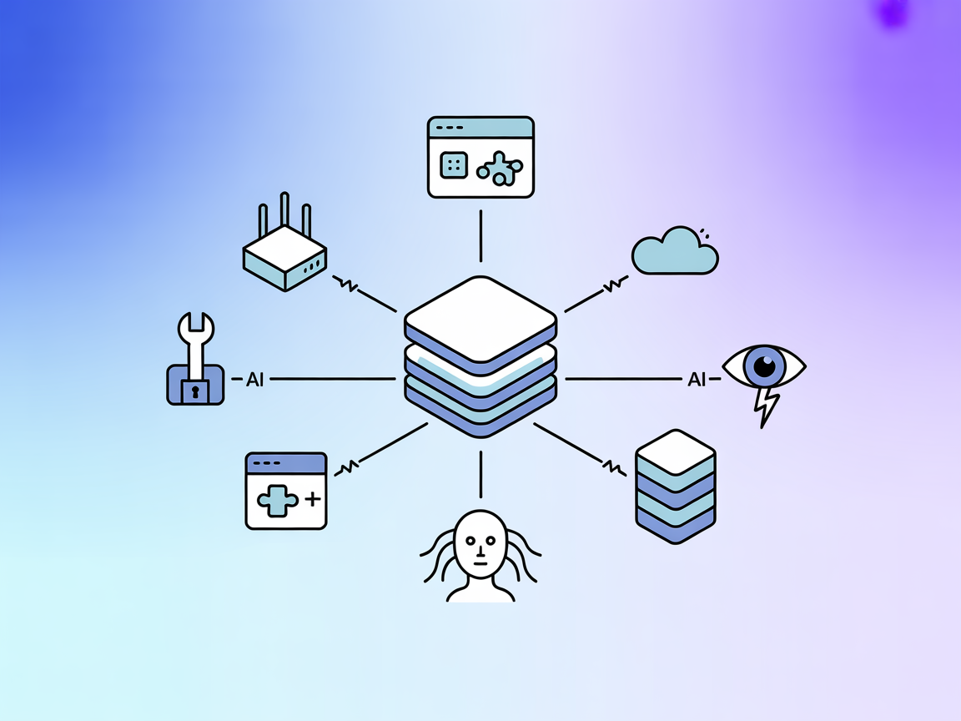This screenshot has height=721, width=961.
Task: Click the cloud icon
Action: tap(674, 253)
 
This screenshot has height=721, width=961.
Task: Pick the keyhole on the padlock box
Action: tap(195, 390)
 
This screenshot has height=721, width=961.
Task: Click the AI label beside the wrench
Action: tap(255, 380)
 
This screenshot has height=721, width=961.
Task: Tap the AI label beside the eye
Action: tap(697, 380)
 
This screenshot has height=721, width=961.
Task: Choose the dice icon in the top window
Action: tap(454, 165)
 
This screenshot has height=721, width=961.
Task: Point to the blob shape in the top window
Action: tap(500, 169)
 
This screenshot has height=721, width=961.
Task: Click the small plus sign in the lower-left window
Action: tap(312, 500)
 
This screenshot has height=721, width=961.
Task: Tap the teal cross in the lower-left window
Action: tap(276, 501)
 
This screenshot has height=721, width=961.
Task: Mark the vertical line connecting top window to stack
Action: tap(480, 236)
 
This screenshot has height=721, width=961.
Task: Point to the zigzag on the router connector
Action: tap(346, 285)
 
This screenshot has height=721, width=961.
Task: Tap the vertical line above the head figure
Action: tap(480, 474)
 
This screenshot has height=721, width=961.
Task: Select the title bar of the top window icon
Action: tap(480, 127)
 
